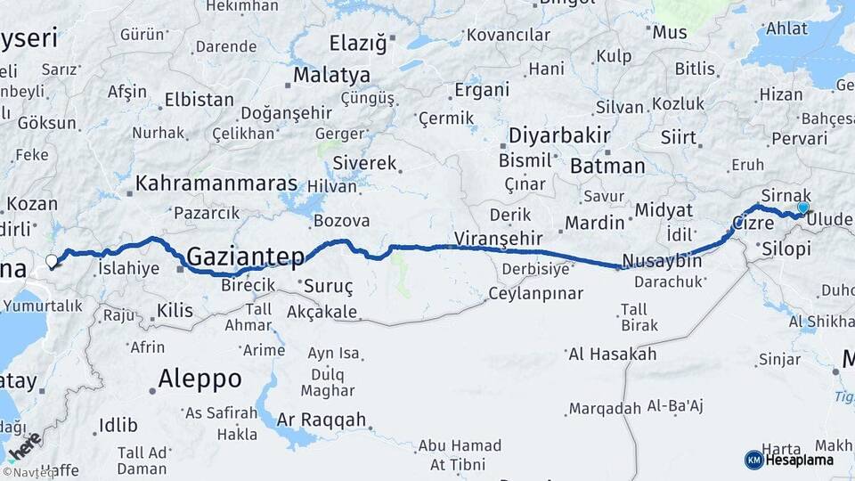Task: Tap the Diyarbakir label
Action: (559, 136)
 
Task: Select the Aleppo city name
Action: (199, 379)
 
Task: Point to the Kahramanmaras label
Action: (216, 183)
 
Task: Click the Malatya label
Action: (331, 74)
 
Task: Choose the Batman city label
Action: (607, 166)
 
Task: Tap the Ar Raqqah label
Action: (322, 420)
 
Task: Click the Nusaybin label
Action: (662, 261)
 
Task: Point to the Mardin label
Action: (596, 222)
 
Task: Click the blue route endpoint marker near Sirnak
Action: (803, 208)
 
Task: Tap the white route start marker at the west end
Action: (52, 262)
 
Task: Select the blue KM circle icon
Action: (753, 460)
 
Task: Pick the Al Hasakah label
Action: (612, 355)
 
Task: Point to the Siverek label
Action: (363, 164)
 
